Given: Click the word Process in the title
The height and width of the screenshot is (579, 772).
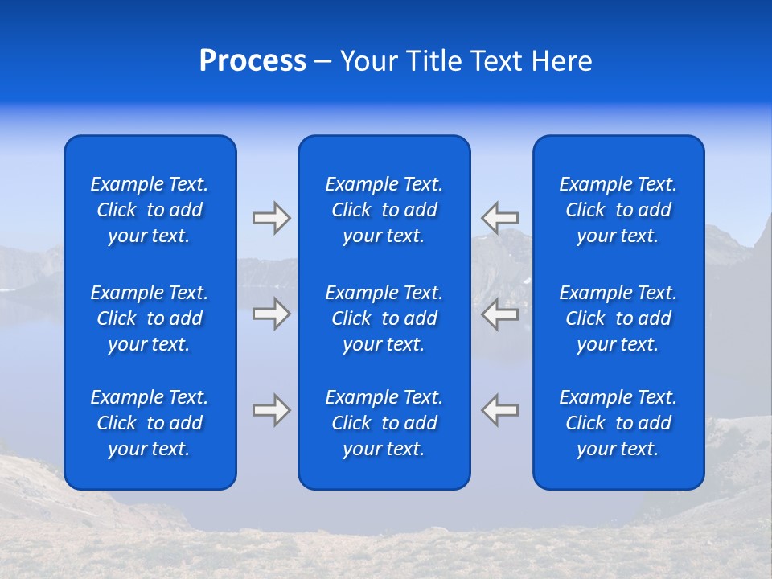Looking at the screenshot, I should tap(253, 61).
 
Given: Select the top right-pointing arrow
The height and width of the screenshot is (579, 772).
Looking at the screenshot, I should tap(271, 218).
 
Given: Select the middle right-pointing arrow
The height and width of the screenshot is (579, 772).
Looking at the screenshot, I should tap(271, 314).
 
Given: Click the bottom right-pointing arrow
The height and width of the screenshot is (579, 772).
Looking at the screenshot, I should tap(271, 410).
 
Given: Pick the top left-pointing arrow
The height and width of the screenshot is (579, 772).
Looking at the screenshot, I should tap(500, 218).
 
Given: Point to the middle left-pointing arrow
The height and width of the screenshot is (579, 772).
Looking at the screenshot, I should tap(500, 314).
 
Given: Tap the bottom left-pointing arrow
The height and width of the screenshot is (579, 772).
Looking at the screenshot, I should tap(500, 410).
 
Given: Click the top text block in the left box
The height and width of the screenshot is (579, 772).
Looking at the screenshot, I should tap(150, 210).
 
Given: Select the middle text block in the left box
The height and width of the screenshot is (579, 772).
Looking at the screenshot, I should tap(150, 318).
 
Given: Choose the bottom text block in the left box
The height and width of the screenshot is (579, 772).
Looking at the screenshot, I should tap(150, 423).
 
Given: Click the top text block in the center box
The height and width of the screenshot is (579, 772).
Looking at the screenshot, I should tap(384, 210).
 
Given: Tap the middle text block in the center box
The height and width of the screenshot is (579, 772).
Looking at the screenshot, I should tap(384, 318).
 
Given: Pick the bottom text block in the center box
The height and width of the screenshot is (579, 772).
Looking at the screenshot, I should tap(384, 423).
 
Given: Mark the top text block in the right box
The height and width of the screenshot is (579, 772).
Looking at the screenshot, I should tap(618, 210).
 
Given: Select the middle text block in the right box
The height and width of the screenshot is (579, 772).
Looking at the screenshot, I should tap(618, 318).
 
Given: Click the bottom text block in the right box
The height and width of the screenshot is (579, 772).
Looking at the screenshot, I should tap(618, 423).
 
